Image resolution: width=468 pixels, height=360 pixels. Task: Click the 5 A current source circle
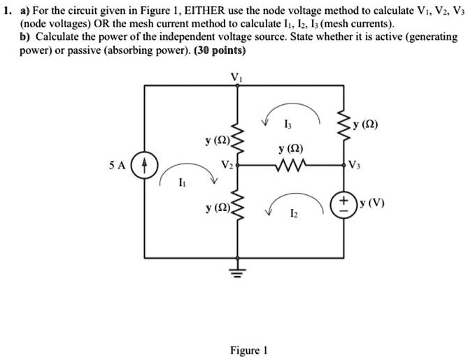[144, 166]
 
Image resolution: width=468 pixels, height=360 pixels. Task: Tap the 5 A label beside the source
[118, 166]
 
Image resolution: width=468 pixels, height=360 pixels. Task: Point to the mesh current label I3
[289, 124]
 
